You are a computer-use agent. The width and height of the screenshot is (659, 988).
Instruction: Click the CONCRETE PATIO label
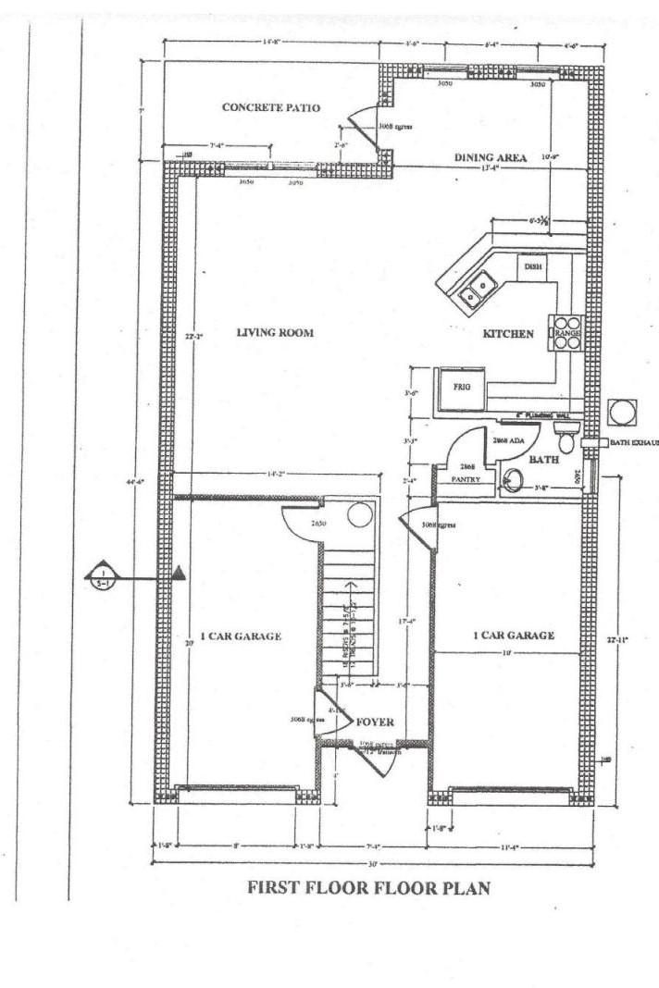270,108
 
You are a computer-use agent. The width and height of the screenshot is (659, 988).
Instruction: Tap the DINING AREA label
490,158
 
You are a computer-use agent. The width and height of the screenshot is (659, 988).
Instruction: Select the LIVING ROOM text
275,333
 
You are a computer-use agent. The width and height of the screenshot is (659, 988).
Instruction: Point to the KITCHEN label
508,334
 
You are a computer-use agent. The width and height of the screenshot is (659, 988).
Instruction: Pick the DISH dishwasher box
532,266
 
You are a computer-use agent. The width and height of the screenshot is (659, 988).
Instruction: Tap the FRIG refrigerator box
462,389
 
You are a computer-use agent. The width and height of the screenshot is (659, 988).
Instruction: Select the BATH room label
541,459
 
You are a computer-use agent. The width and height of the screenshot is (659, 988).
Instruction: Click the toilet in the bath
566,438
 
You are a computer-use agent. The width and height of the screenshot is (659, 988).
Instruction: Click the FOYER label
375,722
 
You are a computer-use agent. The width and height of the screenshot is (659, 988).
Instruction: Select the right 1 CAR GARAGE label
514,636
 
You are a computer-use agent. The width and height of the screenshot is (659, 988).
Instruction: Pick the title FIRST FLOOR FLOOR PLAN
368,888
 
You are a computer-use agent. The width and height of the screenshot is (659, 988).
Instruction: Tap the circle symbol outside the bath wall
621,411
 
